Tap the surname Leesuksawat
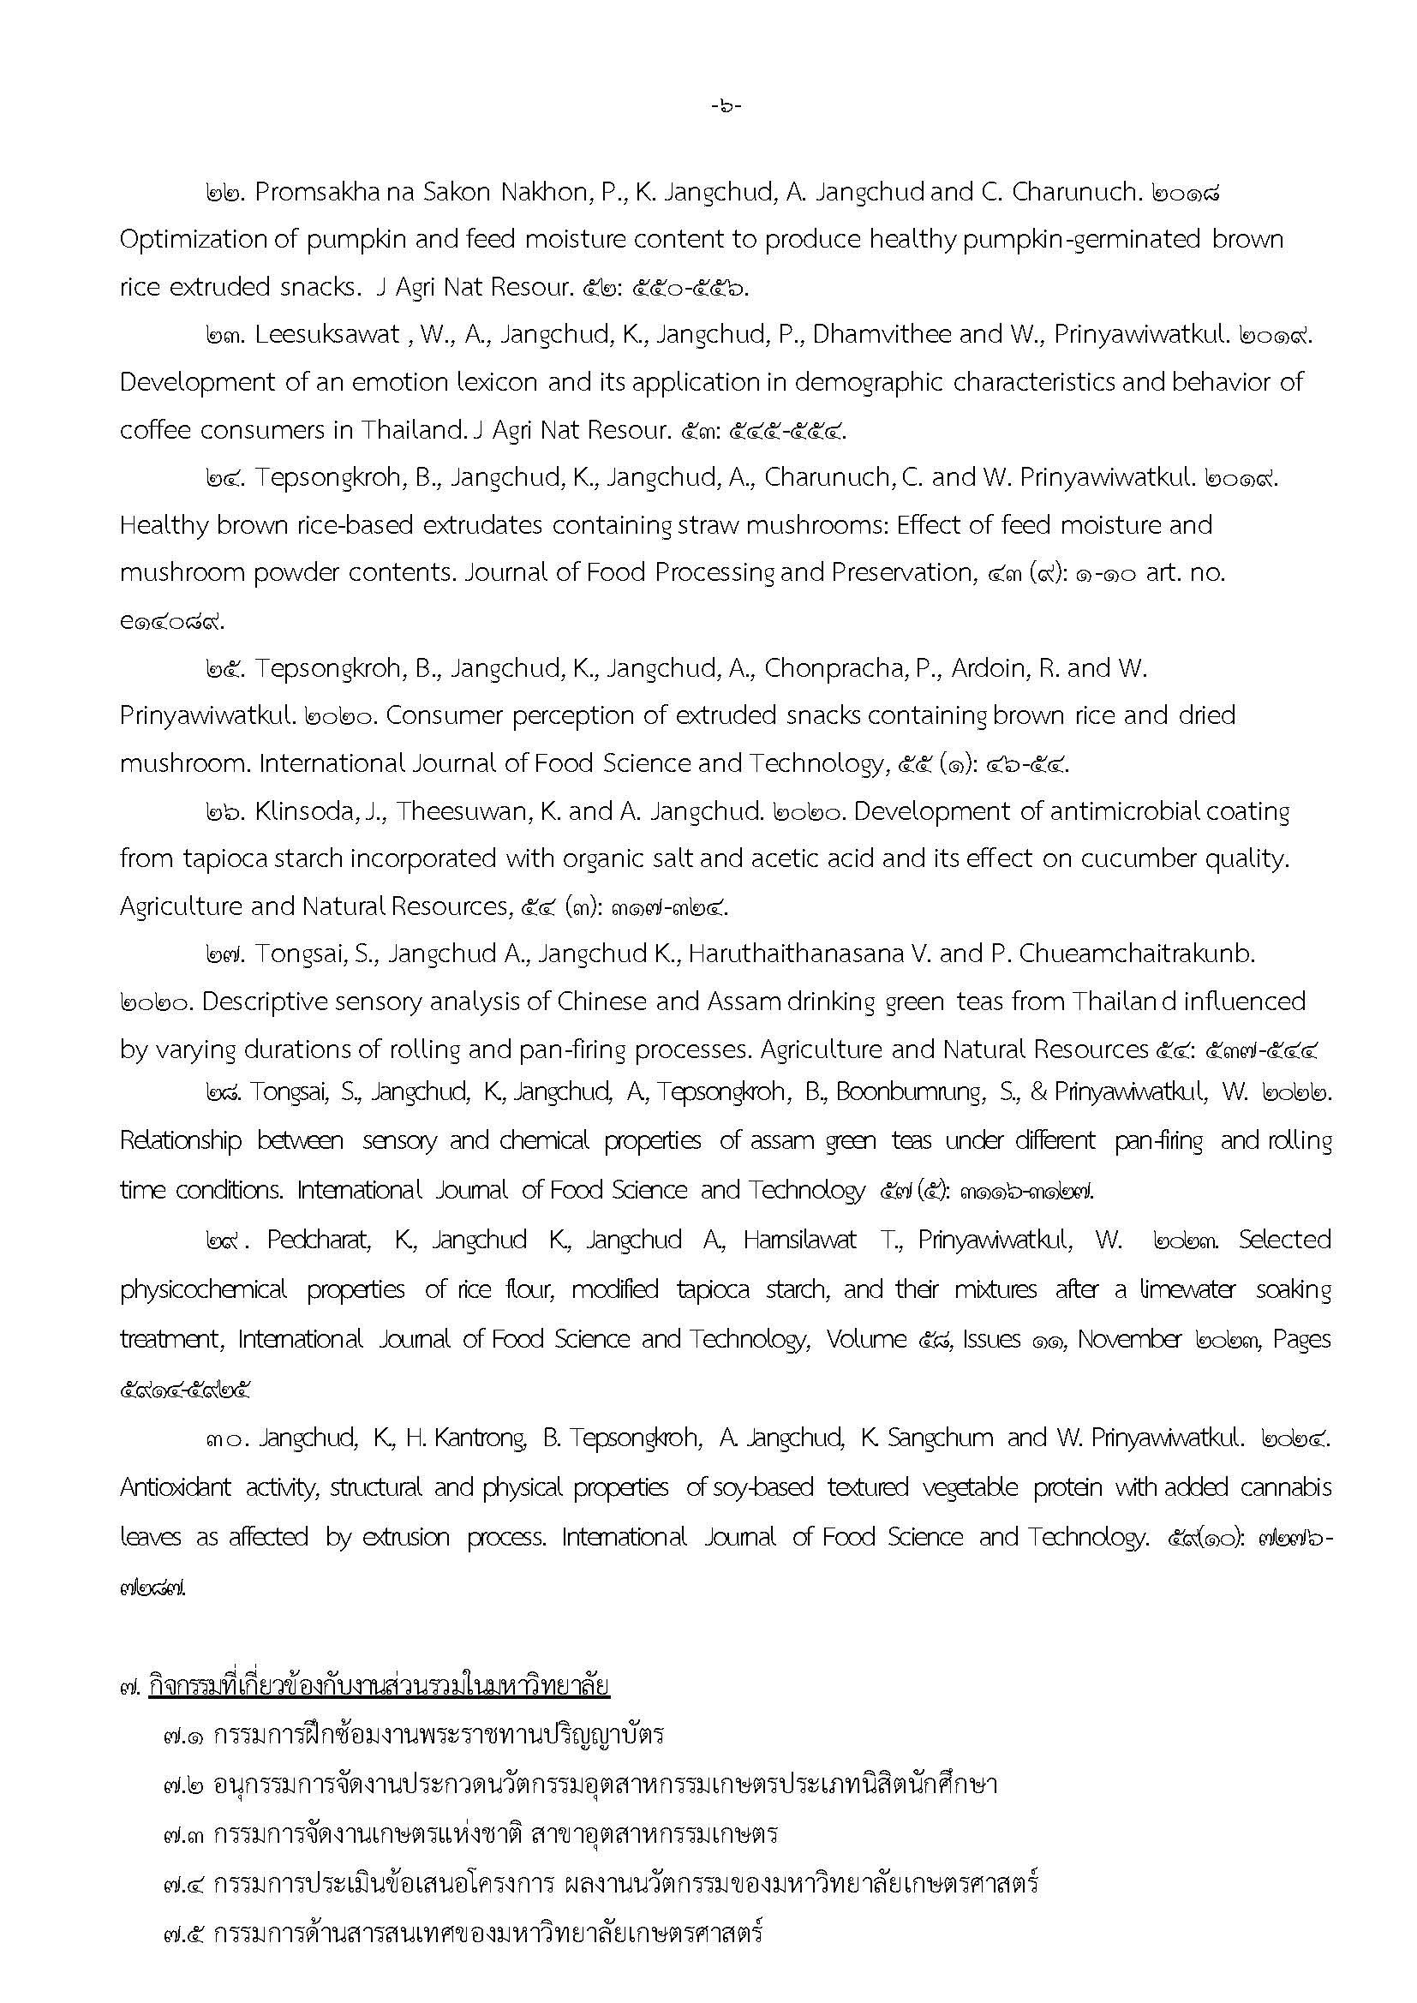pyautogui.click(x=327, y=335)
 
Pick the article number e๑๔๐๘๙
pyautogui.click(x=172, y=622)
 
